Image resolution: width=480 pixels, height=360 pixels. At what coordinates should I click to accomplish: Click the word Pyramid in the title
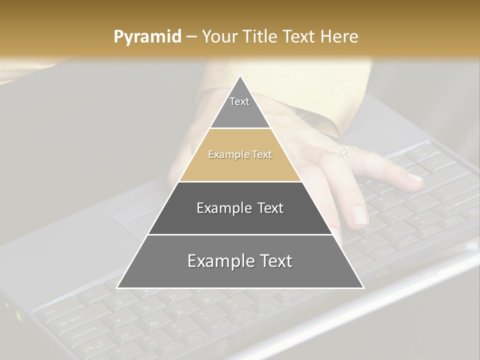(x=147, y=37)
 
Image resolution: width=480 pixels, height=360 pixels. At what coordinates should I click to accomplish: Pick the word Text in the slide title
(x=299, y=36)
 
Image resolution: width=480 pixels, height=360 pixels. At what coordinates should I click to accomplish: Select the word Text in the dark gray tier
(x=270, y=208)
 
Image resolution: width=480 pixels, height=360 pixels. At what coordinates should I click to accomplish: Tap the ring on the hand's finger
(x=348, y=152)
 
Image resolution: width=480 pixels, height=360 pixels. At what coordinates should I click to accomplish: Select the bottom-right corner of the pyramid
(x=363, y=287)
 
